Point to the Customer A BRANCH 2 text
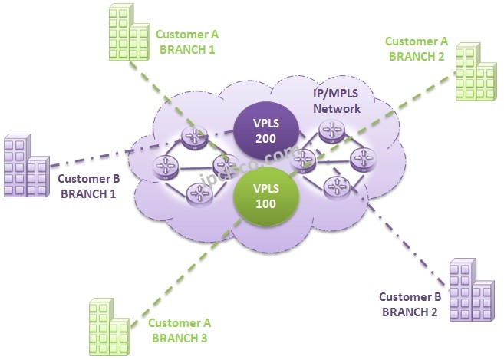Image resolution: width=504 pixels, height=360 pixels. pos(416,48)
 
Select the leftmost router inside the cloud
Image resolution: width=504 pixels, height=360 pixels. pos(163,163)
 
